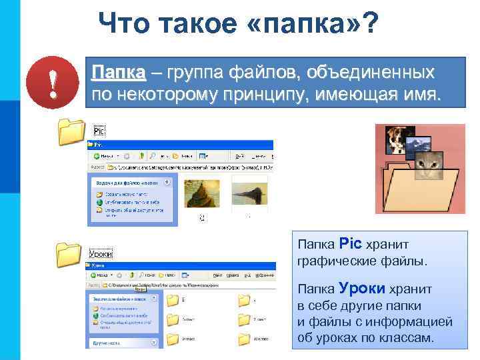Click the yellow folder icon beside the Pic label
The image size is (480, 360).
click(71, 131)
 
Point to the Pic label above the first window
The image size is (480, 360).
click(99, 131)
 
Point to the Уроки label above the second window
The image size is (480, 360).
click(101, 253)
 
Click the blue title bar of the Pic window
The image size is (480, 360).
click(180, 144)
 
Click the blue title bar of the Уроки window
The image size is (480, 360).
click(180, 265)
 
